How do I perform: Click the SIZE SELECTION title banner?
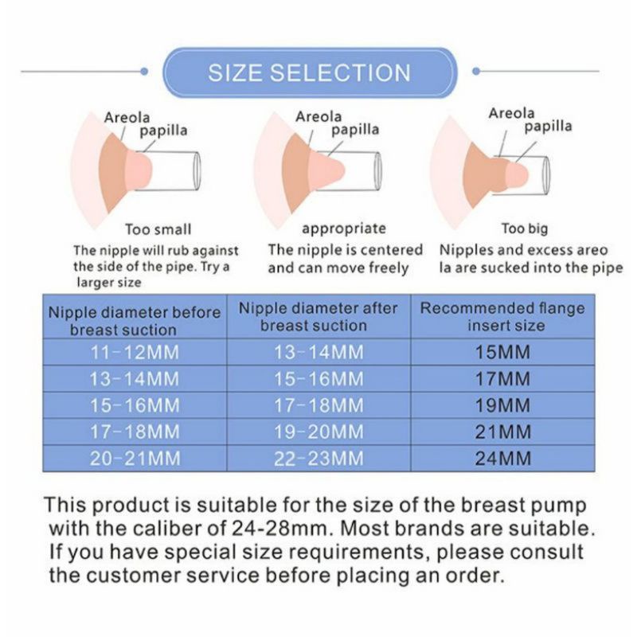309,73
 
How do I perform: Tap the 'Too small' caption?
158,230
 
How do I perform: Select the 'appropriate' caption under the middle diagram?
343,229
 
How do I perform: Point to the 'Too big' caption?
525,229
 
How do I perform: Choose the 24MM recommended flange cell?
502,459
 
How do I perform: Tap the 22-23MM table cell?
318,459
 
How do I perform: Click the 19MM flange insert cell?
502,405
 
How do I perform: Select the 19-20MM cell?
318,432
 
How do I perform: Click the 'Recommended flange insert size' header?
502,317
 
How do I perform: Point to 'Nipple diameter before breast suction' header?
135,320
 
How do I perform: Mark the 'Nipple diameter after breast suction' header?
318,317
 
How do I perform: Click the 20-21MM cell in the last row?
135,459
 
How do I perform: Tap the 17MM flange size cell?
502,378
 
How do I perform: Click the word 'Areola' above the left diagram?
127,117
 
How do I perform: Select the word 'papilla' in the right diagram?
547,126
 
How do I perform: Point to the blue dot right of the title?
476,71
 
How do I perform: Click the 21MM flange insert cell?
502,432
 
